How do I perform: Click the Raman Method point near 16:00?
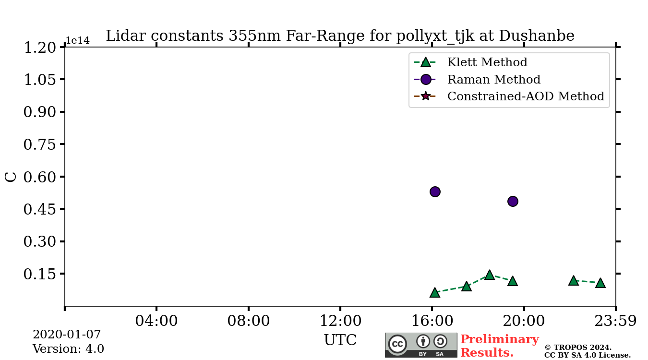coord(435,192)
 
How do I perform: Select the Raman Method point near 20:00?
coord(513,201)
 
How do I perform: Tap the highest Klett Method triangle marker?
coord(489,275)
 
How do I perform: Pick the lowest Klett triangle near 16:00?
coord(435,292)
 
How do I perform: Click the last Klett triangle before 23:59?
coord(600,283)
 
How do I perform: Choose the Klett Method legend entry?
coord(487,62)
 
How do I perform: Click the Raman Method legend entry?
coord(493,80)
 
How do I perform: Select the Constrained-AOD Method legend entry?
coord(525,96)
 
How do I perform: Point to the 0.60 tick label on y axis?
coord(40,177)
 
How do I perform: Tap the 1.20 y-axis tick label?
coord(40,48)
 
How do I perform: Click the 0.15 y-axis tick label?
coord(40,274)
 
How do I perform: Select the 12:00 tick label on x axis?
coord(340,321)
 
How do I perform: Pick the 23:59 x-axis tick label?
coord(615,321)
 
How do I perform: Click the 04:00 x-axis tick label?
coord(156,321)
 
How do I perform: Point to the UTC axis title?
coord(340,340)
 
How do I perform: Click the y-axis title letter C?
coord(11,177)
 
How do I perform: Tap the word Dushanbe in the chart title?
coord(536,36)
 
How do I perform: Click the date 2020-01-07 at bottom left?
coord(67,335)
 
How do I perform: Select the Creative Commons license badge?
coord(421,345)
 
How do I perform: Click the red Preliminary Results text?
coord(499,346)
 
